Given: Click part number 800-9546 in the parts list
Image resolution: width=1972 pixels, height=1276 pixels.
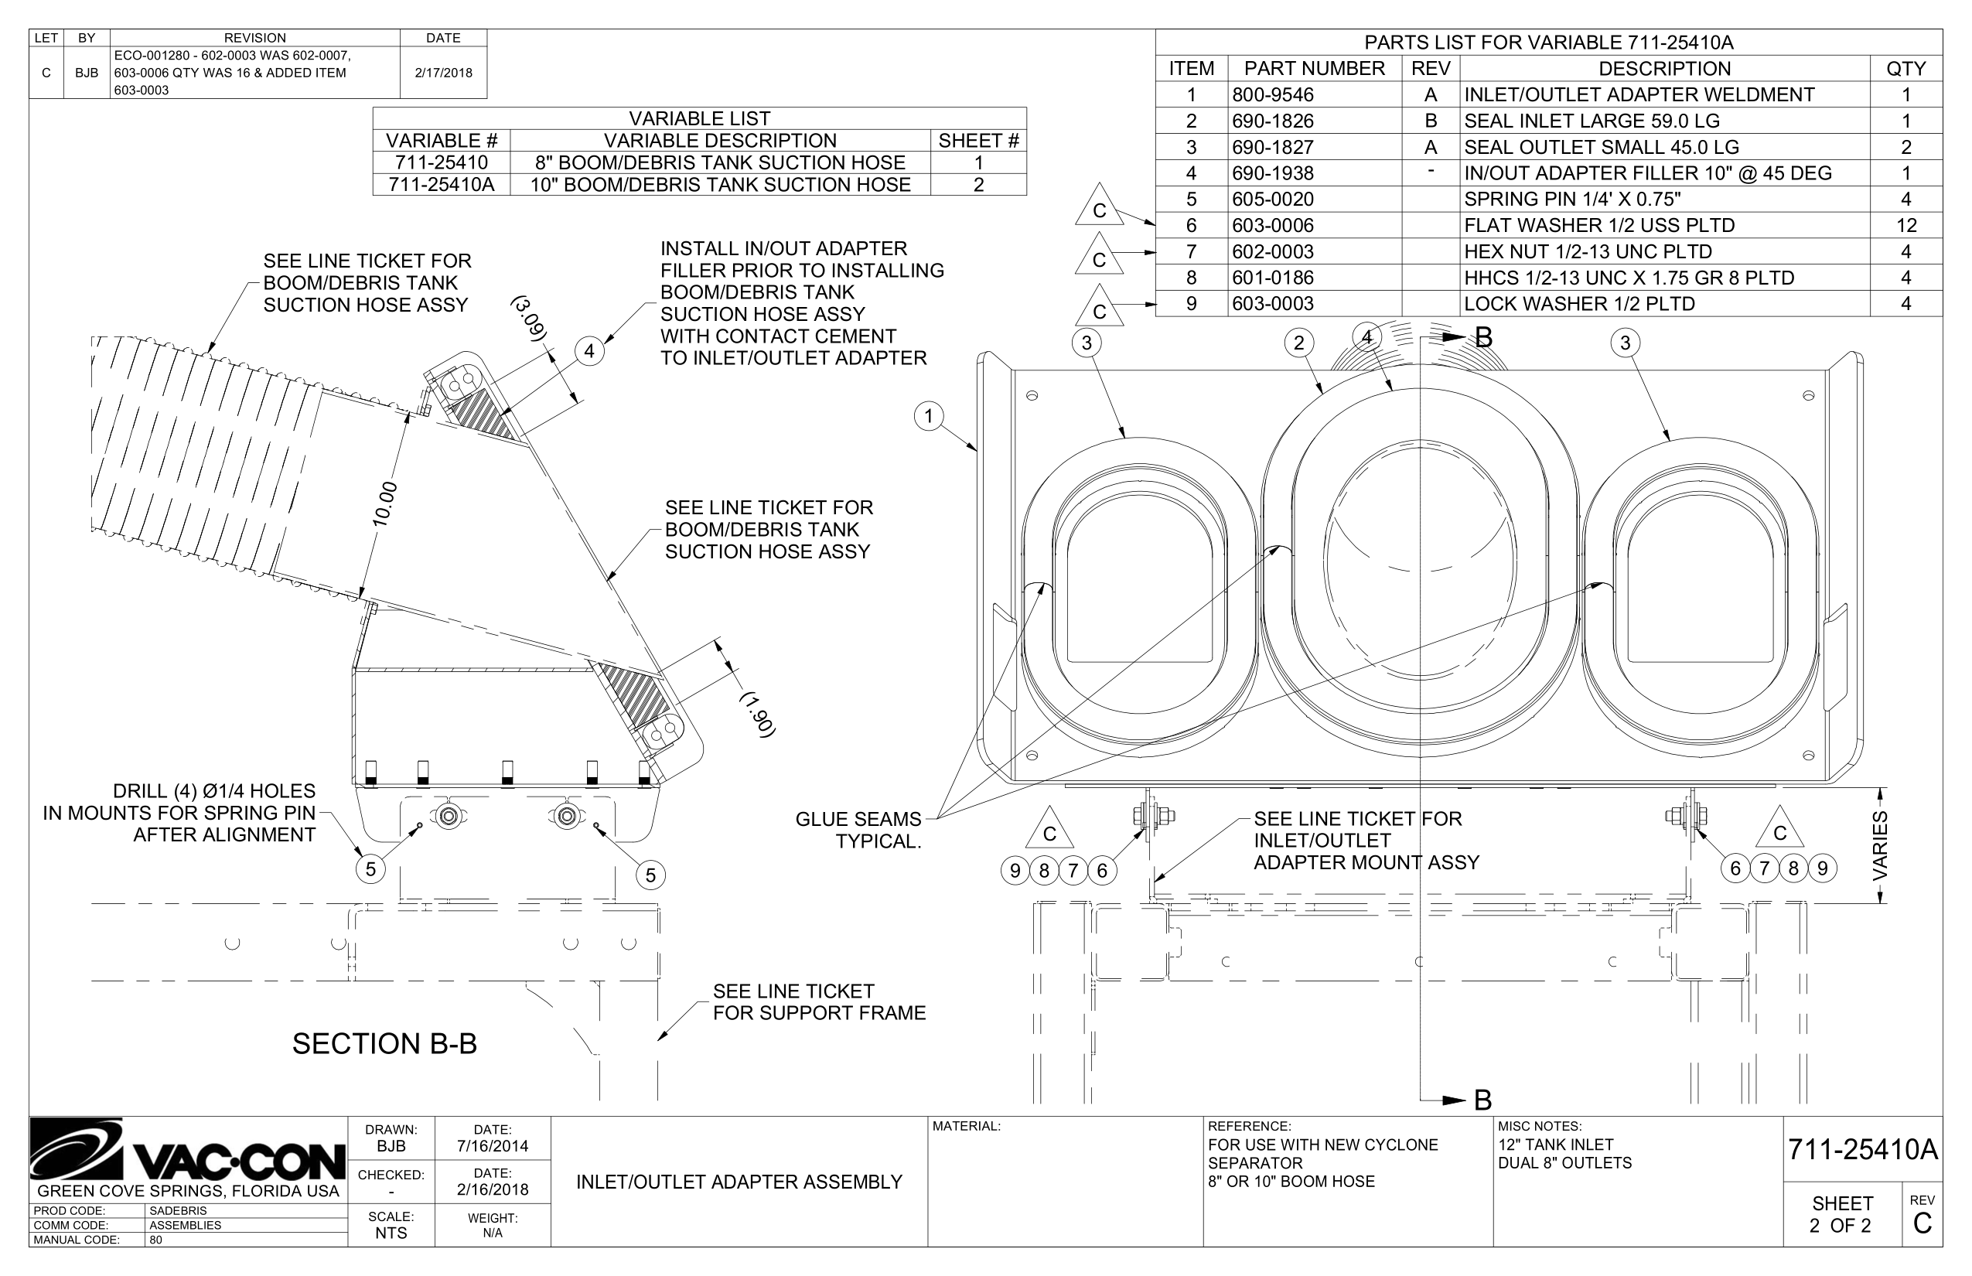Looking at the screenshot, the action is click(1273, 94).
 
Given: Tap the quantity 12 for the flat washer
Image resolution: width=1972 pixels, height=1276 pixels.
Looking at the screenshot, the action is click(1905, 225).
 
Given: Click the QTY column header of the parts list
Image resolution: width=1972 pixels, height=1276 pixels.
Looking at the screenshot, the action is click(1905, 69).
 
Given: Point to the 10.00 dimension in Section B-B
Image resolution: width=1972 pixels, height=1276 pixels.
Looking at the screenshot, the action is click(384, 503).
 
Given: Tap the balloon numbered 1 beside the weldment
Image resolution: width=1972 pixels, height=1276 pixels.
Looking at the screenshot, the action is click(929, 416).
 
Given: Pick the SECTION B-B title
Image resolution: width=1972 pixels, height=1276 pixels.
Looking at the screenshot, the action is click(384, 1044).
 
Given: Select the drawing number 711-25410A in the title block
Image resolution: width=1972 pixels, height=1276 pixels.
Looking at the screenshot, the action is click(1863, 1150).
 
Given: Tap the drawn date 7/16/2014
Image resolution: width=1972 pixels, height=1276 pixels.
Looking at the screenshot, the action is click(492, 1147).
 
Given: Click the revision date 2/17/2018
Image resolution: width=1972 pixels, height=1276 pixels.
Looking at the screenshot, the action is click(443, 73).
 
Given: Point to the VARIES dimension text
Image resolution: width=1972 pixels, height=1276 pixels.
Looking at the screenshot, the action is click(1880, 845).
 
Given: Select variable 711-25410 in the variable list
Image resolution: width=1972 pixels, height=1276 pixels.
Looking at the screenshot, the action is click(442, 162).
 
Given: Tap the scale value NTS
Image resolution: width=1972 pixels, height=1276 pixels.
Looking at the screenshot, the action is click(391, 1233).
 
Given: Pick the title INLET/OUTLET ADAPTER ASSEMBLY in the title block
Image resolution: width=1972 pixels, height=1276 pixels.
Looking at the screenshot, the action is click(739, 1182).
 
